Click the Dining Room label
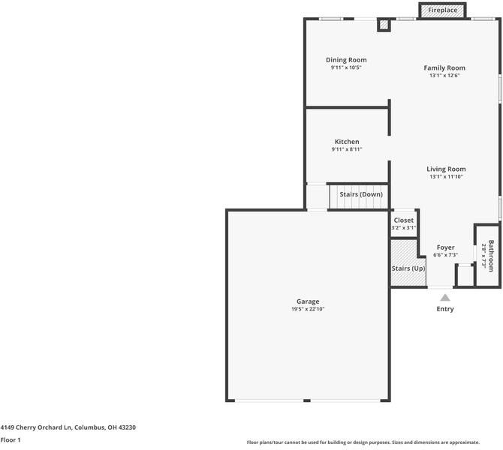[x=346, y=60]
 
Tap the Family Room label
[x=444, y=67]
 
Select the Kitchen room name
[x=347, y=142]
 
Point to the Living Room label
[x=446, y=169]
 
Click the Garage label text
[x=308, y=301]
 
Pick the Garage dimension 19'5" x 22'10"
[x=308, y=309]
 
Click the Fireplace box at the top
[x=442, y=10]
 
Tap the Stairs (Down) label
[x=361, y=194]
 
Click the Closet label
[x=403, y=220]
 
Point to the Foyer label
[x=446, y=247]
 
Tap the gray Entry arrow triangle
[x=445, y=298]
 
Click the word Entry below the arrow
[x=445, y=309]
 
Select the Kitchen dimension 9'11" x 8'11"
[x=347, y=149]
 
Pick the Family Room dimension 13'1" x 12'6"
[x=444, y=75]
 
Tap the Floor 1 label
[x=11, y=440]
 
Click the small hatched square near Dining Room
[x=384, y=25]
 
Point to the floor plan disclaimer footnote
[x=374, y=442]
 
